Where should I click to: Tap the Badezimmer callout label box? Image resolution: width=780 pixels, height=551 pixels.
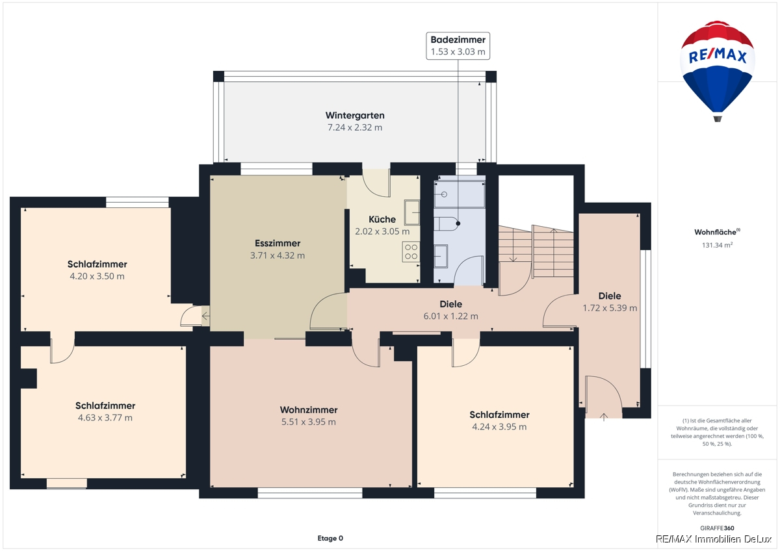click(x=458, y=46)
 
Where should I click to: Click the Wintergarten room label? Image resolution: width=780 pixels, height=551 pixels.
click(x=355, y=115)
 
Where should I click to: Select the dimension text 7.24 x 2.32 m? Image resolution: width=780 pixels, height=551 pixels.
click(x=355, y=127)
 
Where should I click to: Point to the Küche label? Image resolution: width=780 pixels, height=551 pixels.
click(x=382, y=219)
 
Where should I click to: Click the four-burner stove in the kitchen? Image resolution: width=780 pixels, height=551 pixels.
click(x=411, y=251)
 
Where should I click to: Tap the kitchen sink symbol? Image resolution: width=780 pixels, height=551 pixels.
click(x=412, y=212)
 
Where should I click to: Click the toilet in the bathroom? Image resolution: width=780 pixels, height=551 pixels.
click(x=447, y=224)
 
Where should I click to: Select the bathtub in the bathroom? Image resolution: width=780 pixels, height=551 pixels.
click(x=460, y=194)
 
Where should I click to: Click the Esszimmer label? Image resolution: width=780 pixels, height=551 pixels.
click(x=278, y=243)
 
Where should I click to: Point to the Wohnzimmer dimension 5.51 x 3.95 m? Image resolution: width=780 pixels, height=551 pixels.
click(x=309, y=422)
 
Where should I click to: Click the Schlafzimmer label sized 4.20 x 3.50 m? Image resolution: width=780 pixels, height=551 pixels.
click(x=97, y=264)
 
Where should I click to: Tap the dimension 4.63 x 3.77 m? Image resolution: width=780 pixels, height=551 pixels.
click(x=105, y=418)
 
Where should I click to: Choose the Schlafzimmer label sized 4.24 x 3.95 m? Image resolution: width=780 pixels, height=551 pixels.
click(x=499, y=415)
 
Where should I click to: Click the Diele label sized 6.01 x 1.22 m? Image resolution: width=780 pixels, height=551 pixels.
click(x=451, y=304)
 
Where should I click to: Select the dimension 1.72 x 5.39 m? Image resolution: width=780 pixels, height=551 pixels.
click(x=610, y=308)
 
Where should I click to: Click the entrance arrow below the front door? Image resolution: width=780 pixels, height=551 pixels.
click(x=604, y=416)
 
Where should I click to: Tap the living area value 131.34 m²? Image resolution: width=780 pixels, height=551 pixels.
click(x=717, y=245)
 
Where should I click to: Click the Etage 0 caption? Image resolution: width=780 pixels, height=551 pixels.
click(x=330, y=538)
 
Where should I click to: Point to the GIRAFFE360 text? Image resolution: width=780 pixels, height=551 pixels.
click(x=717, y=528)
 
